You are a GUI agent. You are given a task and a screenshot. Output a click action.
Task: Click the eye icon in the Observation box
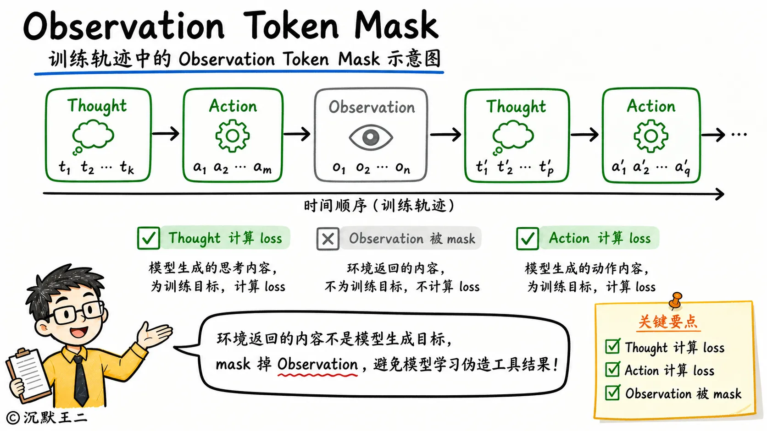pos(371,137)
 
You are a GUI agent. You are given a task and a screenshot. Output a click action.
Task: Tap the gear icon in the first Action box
pos(233,136)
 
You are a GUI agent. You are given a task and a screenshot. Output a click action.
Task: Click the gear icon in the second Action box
pos(651,136)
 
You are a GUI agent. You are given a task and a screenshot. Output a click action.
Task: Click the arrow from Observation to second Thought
pos(445,135)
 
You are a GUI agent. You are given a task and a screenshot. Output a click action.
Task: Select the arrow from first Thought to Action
pos(166,133)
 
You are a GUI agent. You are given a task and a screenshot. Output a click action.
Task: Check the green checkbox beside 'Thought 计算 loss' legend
pos(148,238)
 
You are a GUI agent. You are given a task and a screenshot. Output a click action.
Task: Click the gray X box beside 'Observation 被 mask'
pos(328,239)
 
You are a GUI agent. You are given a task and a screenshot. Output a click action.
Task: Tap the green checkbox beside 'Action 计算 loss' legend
pos(528,238)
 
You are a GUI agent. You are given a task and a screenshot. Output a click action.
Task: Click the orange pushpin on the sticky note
pos(676,300)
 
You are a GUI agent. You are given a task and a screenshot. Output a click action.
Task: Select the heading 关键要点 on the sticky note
pos(668,322)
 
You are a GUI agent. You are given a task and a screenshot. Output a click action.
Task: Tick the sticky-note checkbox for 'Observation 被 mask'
pos(612,393)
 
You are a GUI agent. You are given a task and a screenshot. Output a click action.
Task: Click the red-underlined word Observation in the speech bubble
pos(317,364)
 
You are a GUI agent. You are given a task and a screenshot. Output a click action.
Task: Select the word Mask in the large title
pos(396,25)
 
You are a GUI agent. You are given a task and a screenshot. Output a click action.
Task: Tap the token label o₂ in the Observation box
pos(362,168)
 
